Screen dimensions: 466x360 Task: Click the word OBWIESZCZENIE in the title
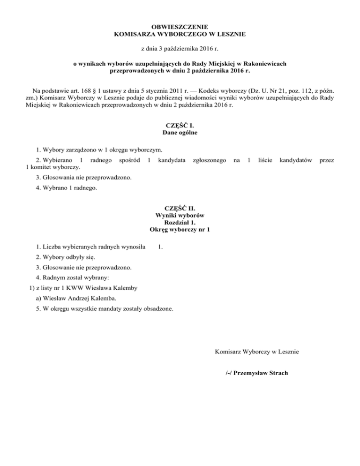click(x=180, y=26)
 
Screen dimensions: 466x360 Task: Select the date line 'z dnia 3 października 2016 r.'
click(x=180, y=48)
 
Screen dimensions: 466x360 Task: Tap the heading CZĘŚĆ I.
click(x=180, y=125)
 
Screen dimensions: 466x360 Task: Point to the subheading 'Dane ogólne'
click(x=180, y=133)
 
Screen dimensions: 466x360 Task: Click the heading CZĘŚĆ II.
click(x=180, y=208)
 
